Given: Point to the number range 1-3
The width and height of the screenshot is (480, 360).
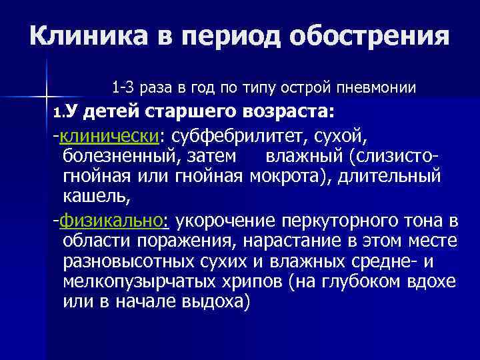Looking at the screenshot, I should coord(125,87).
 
